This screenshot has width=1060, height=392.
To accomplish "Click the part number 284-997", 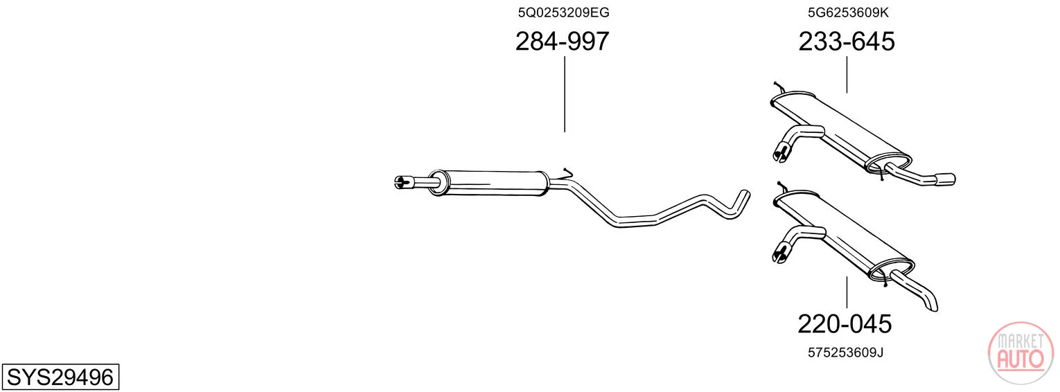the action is (562, 41).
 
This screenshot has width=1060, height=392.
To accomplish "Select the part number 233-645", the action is (847, 41).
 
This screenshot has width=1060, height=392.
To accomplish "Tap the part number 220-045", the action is (845, 324).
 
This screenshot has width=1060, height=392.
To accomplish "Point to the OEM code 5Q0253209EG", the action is (563, 12).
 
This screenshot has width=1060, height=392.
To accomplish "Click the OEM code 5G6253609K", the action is (848, 12).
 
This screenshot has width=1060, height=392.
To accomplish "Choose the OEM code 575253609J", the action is (846, 353).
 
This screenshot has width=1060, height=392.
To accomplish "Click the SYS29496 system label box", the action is (60, 377).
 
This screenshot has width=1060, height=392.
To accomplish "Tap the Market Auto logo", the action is (1021, 353).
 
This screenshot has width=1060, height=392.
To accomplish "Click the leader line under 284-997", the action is (565, 94).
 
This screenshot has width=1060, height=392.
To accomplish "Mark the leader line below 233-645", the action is (847, 75).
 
